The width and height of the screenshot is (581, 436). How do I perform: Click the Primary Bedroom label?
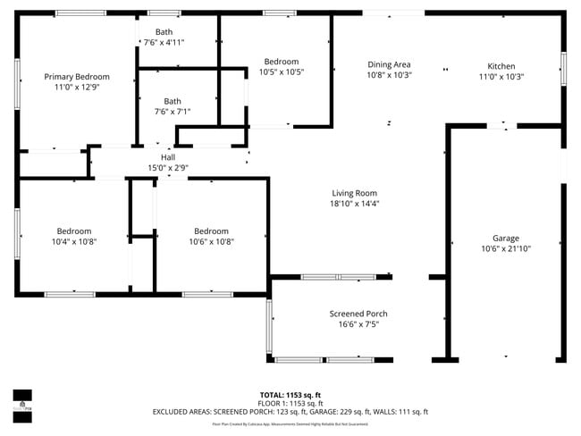click(77, 77)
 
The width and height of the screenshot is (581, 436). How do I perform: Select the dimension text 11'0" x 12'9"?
click(77, 88)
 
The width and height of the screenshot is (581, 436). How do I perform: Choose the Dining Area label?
click(389, 64)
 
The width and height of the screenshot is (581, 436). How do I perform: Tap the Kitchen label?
click(501, 66)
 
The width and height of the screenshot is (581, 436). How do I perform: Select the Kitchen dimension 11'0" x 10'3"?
click(501, 77)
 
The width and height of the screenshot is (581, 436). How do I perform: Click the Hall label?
click(167, 157)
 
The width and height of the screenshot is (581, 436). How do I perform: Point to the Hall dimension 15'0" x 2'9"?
click(167, 168)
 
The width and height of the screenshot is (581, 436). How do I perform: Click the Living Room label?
click(355, 193)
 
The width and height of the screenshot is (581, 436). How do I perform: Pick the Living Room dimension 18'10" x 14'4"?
click(355, 204)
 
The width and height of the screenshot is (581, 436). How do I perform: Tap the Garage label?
click(505, 239)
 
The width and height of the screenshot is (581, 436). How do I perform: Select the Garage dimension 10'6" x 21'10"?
click(505, 249)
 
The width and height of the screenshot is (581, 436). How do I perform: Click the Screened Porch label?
click(358, 314)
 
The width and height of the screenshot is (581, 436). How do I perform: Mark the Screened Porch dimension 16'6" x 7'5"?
click(358, 324)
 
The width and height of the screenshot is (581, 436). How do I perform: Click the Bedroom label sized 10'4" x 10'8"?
click(73, 231)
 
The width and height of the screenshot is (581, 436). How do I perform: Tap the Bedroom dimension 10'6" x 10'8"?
click(211, 241)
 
